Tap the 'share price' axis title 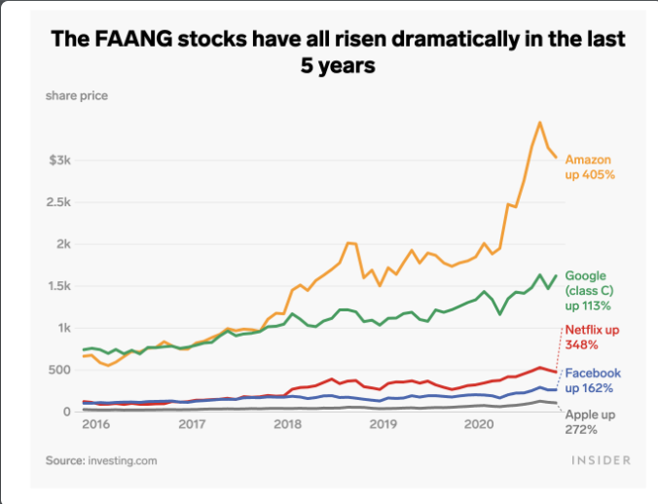[x=76, y=95]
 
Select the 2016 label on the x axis [x=95, y=425]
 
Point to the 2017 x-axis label [x=192, y=425]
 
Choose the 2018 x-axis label [x=287, y=425]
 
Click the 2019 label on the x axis [x=383, y=425]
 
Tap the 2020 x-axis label [x=478, y=425]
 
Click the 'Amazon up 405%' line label [x=590, y=166]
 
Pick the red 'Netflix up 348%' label [x=593, y=339]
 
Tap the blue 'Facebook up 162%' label [x=593, y=380]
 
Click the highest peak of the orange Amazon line [x=539, y=123]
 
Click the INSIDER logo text [x=600, y=459]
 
